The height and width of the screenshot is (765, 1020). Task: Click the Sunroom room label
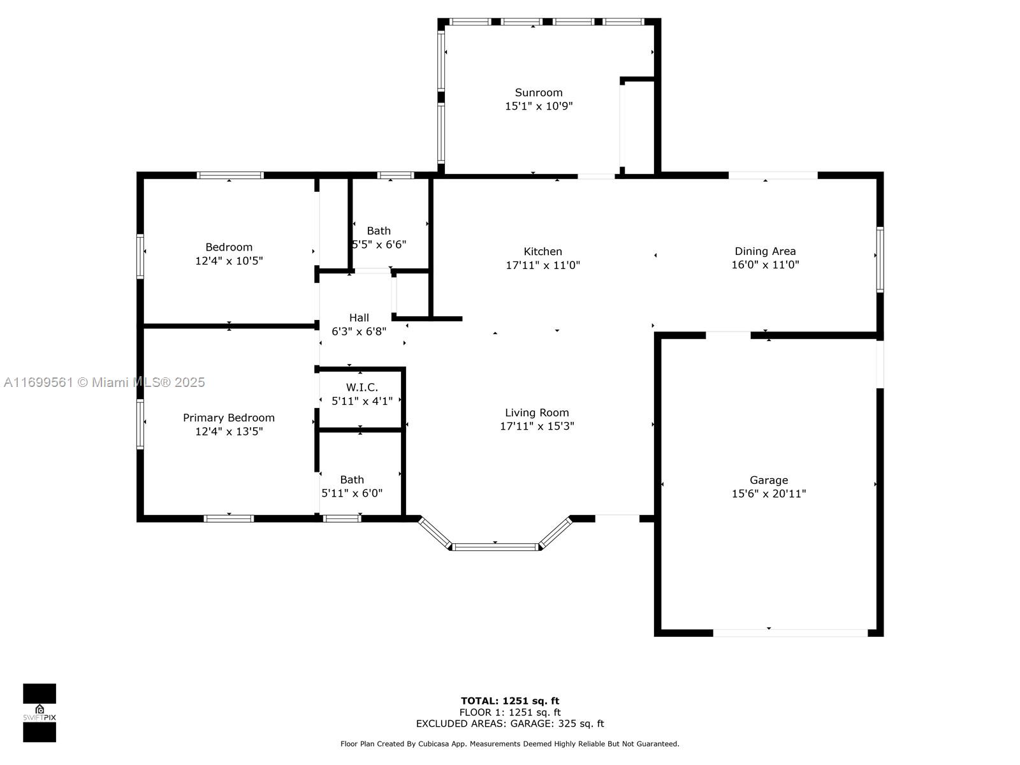click(x=538, y=92)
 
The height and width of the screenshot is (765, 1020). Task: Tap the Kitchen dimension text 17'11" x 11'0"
click(x=543, y=265)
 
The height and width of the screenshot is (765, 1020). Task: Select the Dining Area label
click(x=764, y=251)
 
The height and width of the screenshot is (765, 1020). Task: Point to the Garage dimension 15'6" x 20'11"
click(x=768, y=493)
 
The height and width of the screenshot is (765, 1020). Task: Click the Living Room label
click(x=537, y=412)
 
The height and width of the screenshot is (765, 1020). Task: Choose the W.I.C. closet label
click(x=361, y=387)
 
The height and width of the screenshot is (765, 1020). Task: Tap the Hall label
click(x=359, y=317)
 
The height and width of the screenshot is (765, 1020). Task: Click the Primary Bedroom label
click(x=229, y=418)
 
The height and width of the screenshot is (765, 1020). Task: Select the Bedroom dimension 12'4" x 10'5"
click(x=229, y=261)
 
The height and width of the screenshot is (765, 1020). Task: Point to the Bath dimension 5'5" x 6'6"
click(x=379, y=244)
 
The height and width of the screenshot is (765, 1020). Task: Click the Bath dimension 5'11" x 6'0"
click(x=352, y=493)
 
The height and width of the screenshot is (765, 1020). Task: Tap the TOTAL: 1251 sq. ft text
click(x=510, y=701)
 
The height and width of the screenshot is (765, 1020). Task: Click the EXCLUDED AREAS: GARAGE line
click(x=510, y=723)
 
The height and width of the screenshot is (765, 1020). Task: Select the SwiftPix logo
click(x=40, y=713)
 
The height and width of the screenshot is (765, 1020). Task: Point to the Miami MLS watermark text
click(x=104, y=382)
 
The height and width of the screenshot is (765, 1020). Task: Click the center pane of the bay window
click(x=495, y=547)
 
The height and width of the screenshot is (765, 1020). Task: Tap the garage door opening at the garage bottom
click(x=790, y=632)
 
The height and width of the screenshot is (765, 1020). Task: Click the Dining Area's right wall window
click(x=880, y=259)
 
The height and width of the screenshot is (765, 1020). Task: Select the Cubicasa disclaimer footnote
click(x=510, y=743)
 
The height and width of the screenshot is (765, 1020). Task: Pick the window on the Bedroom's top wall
click(x=230, y=175)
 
